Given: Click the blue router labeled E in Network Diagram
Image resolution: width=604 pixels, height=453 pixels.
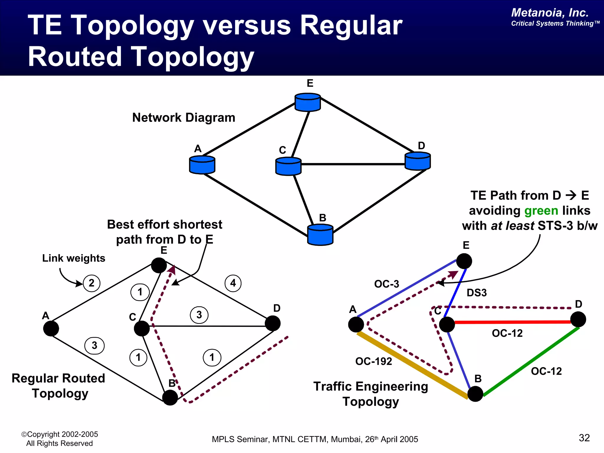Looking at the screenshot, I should pyautogui.click(x=308, y=102).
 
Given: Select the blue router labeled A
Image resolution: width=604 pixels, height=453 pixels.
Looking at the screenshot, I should pyautogui.click(x=202, y=165).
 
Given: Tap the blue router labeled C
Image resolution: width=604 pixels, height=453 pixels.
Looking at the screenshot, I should pyautogui.click(x=288, y=166).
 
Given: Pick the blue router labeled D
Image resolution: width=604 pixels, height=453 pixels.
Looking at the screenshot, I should pyautogui.click(x=418, y=161).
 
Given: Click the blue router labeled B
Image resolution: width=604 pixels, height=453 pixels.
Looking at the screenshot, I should pyautogui.click(x=320, y=235).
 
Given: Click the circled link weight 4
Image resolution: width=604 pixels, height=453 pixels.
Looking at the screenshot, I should pyautogui.click(x=233, y=283).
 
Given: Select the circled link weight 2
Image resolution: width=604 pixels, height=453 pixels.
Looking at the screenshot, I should pyautogui.click(x=91, y=283).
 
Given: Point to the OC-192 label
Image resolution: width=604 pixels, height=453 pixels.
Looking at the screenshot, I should pyautogui.click(x=374, y=361).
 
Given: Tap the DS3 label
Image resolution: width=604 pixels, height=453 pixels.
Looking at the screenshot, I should pyautogui.click(x=477, y=293).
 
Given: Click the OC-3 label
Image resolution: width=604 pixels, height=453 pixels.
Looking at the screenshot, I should pyautogui.click(x=386, y=284).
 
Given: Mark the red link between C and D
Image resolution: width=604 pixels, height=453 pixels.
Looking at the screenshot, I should pyautogui.click(x=513, y=322).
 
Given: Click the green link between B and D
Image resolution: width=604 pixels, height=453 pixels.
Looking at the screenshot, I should pyautogui.click(x=531, y=362).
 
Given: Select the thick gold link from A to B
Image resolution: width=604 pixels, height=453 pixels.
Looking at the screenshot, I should pyautogui.click(x=413, y=366).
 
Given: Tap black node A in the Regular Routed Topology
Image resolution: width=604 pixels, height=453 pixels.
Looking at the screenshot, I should pyautogui.click(x=51, y=329).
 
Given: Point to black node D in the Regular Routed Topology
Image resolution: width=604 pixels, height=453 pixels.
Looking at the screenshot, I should pyautogui.click(x=273, y=324).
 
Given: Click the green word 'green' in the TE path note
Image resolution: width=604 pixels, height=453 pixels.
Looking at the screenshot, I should pyautogui.click(x=541, y=211).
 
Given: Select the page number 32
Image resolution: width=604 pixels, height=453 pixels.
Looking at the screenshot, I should pyautogui.click(x=584, y=438).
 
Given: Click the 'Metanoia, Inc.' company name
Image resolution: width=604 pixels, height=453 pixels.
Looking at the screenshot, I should pyautogui.click(x=550, y=13).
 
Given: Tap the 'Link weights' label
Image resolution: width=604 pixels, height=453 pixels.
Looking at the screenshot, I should pyautogui.click(x=74, y=258).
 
